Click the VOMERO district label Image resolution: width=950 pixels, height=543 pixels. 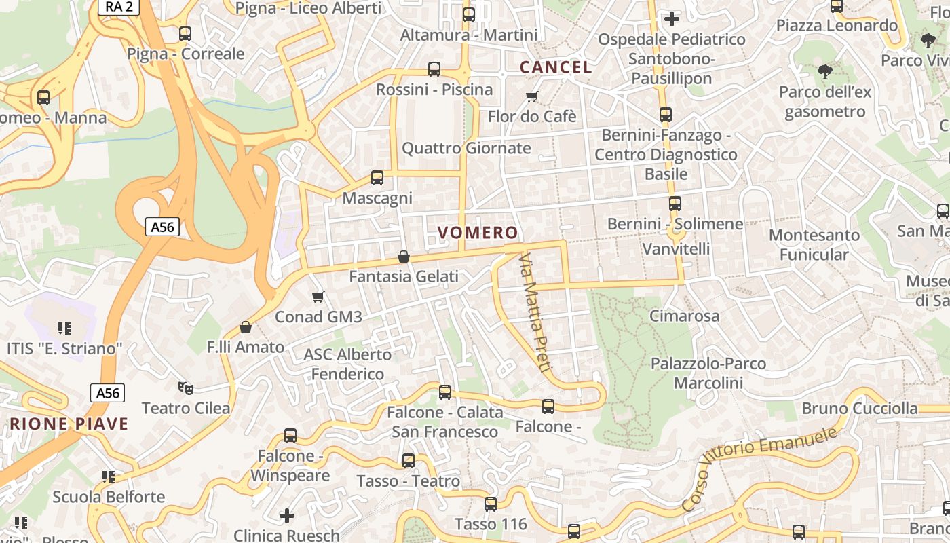tap(478, 233)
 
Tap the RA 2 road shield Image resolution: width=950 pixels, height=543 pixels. tap(118, 6)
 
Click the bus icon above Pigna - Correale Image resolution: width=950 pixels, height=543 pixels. tap(185, 33)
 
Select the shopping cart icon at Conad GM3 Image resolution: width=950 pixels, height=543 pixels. tap(318, 297)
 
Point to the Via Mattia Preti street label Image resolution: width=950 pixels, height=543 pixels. tap(533, 312)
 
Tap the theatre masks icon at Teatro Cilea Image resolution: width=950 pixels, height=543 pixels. tap(185, 388)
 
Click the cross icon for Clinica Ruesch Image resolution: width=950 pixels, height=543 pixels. tap(287, 516)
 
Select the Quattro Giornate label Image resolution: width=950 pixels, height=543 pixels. tap(466, 148)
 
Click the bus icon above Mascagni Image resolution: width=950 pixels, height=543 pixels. tap(377, 178)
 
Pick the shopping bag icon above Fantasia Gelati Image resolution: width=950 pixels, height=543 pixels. tap(404, 257)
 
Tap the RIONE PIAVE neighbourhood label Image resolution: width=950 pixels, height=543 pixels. tap(69, 425)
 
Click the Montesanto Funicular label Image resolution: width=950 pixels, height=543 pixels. tap(814, 245)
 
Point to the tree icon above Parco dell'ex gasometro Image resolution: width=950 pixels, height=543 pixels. tap(824, 71)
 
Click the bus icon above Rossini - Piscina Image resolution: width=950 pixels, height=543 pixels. tap(434, 69)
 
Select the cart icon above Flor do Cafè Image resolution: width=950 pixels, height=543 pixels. tap(532, 96)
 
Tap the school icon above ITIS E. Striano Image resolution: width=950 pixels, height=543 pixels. tap(64, 329)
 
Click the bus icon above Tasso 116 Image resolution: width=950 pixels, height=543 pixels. tap(490, 504)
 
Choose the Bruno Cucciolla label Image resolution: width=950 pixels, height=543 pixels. tap(859, 409)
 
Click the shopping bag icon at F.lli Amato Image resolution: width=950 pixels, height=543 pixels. tap(246, 327)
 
